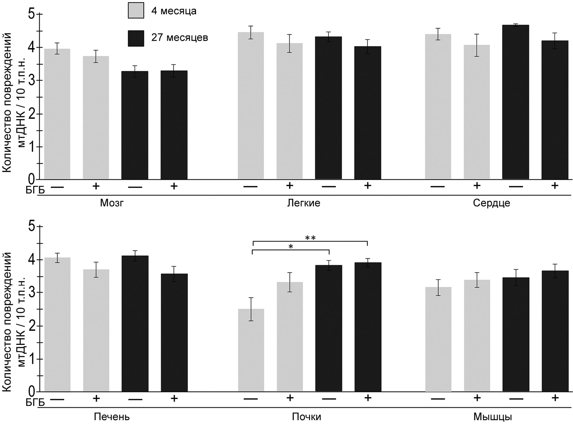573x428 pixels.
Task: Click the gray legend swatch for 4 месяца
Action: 136,10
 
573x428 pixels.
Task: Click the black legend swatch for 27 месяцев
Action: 136,38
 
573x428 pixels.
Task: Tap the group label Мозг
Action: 112,203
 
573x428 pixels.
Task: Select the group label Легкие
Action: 303,203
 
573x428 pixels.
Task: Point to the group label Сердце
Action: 491,203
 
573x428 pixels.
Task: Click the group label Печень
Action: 112,416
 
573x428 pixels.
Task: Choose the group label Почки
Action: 306,416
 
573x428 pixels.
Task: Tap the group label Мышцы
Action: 492,416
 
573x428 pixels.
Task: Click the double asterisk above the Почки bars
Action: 310,238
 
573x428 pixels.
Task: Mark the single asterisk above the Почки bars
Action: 291,247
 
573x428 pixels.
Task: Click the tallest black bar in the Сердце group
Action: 515,102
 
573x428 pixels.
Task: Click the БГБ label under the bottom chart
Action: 35,402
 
